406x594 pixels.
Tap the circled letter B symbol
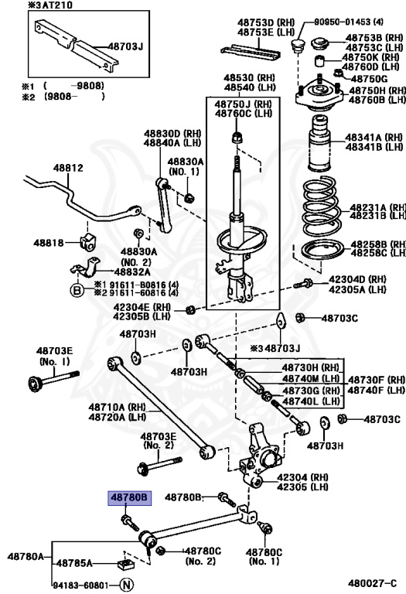(77, 291)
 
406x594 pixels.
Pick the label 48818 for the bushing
(48, 243)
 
